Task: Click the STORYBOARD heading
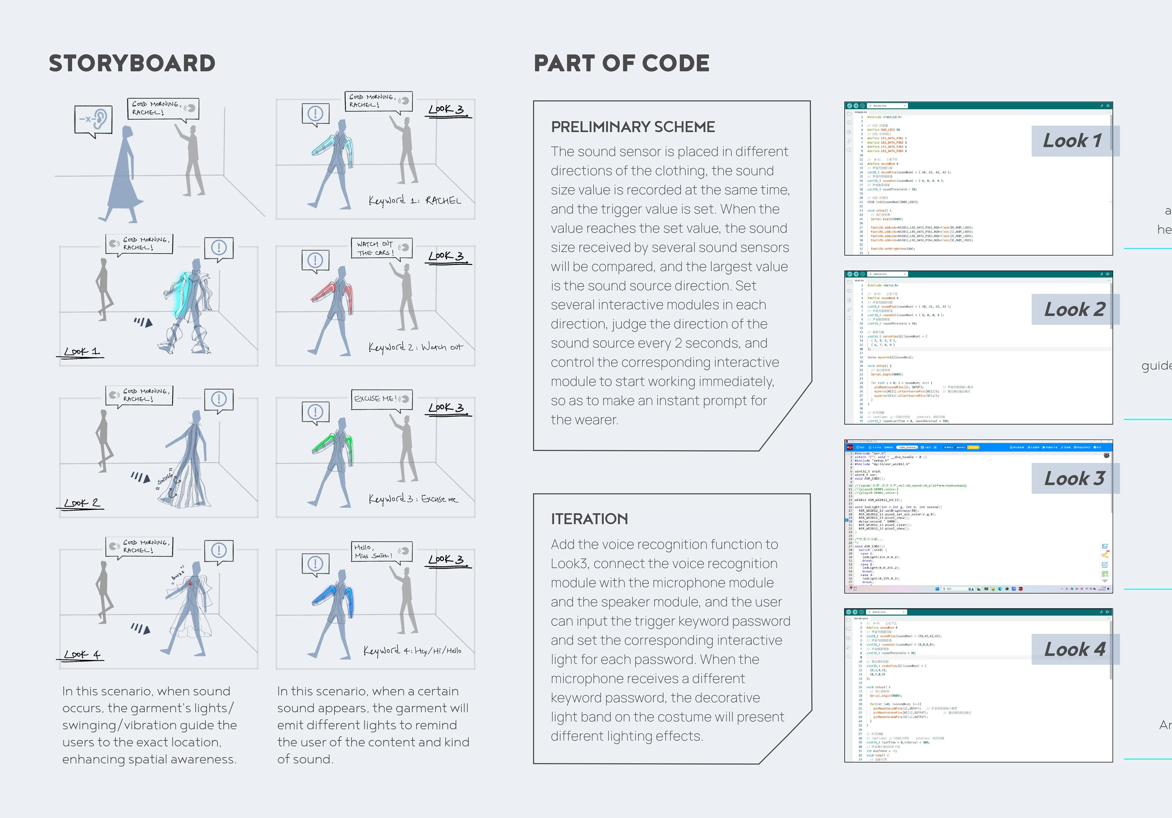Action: coord(132,63)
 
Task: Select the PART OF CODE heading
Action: coord(621,63)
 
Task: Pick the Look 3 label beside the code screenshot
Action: coord(1074,479)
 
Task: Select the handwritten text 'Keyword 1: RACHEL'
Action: coord(414,200)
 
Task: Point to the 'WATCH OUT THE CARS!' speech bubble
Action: coord(381,248)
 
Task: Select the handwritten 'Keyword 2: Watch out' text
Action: coord(415,347)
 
